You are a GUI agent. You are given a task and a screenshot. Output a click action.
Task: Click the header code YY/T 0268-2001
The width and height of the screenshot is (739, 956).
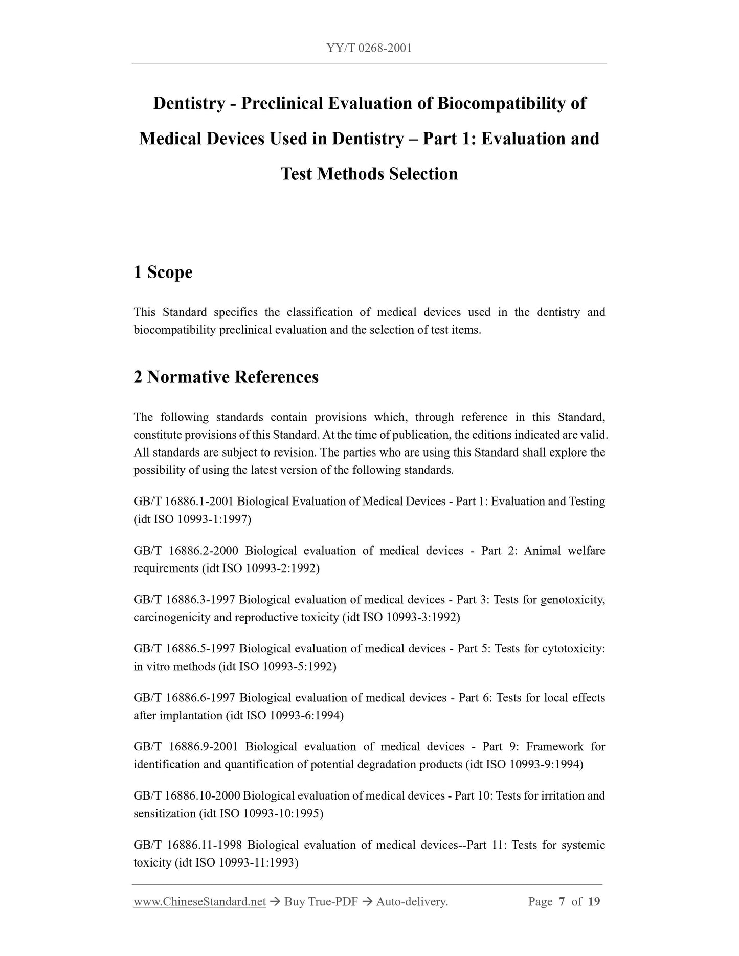point(369,49)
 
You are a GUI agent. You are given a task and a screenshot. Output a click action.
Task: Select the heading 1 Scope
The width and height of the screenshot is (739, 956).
point(163,272)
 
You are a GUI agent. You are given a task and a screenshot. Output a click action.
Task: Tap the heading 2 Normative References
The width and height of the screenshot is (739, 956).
point(226,377)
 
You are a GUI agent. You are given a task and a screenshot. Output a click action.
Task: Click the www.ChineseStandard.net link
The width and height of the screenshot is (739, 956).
point(199,902)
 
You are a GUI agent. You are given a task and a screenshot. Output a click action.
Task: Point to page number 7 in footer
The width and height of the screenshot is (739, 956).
point(562,902)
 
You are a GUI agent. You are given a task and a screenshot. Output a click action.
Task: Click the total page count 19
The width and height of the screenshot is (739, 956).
point(594,902)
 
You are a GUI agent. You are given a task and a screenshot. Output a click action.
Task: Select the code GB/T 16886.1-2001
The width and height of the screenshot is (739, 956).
point(184,502)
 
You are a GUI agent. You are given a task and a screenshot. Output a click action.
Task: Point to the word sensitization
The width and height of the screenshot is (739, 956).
point(164,813)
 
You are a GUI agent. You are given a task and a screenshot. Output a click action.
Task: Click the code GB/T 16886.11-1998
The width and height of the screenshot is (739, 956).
point(188,845)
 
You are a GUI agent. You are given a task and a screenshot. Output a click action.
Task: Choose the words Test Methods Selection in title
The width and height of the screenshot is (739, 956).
point(369,174)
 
